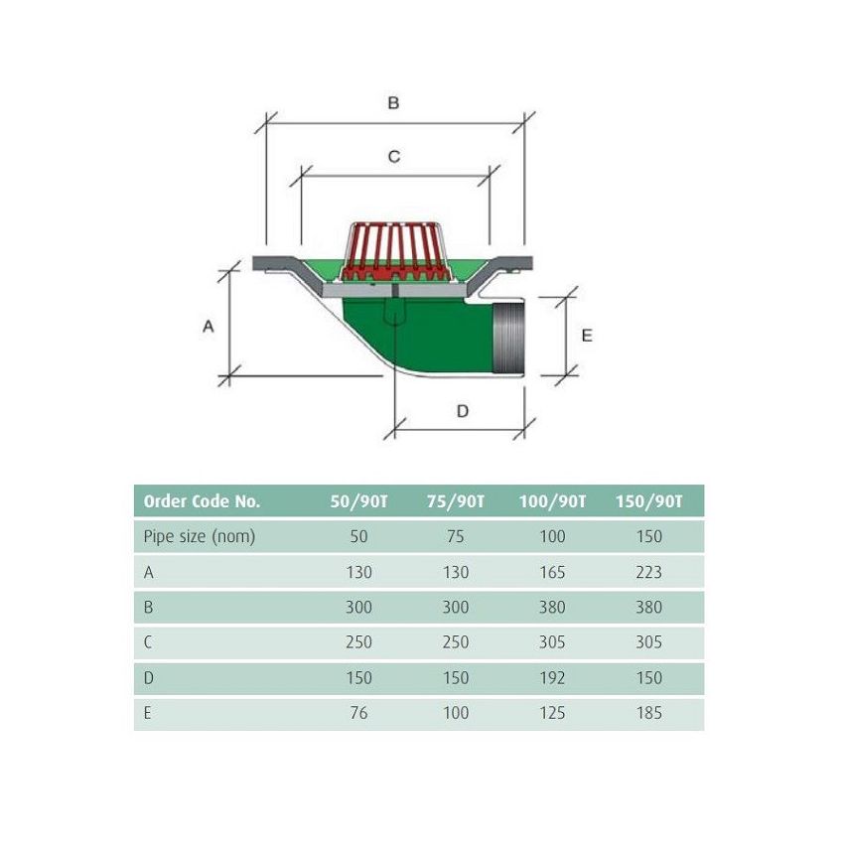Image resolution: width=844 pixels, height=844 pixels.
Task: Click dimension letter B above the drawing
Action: pos(393,103)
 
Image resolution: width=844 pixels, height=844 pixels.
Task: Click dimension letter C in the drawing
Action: pos(393,157)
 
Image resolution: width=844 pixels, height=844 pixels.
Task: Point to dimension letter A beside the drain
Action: pos(209,327)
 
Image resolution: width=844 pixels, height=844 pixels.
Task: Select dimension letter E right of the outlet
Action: pos(587,336)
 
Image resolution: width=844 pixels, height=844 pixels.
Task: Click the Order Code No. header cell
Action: pos(202,501)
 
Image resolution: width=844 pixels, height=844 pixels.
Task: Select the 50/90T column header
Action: pos(358,501)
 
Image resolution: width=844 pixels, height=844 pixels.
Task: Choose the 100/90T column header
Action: pos(552,501)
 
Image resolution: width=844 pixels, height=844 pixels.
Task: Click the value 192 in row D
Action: pos(552,678)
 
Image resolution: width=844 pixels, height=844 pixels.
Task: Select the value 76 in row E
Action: pos(358,713)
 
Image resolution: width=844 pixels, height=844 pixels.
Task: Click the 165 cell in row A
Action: pos(552,572)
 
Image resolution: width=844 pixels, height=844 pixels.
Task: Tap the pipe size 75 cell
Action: pos(456,536)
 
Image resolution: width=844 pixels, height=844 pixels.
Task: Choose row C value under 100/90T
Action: pos(552,642)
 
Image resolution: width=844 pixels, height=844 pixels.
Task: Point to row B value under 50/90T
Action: pos(358,608)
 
